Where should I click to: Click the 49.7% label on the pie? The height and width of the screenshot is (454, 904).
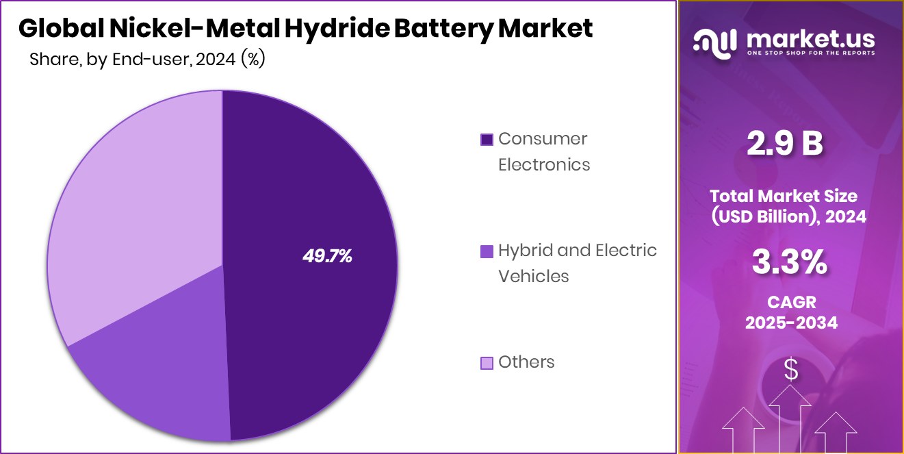pyautogui.click(x=327, y=256)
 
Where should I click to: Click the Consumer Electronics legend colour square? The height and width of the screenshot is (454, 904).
pyautogui.click(x=487, y=140)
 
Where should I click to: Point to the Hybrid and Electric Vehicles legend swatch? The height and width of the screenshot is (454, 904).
pyautogui.click(x=487, y=251)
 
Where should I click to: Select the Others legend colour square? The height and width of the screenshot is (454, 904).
pyautogui.click(x=487, y=363)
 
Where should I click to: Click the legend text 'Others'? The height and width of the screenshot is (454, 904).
pyautogui.click(x=526, y=362)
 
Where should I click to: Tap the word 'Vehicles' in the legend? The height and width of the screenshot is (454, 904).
pyautogui.click(x=533, y=276)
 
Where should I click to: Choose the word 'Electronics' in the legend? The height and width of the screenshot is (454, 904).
pyautogui.click(x=543, y=164)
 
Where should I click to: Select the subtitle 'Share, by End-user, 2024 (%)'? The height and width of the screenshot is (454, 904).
pyautogui.click(x=147, y=60)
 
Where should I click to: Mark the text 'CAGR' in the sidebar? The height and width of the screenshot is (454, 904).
pyautogui.click(x=790, y=302)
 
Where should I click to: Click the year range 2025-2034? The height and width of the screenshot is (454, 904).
pyautogui.click(x=790, y=323)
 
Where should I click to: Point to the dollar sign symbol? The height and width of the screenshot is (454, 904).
pyautogui.click(x=790, y=370)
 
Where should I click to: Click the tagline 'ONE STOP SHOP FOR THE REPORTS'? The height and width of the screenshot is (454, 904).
pyautogui.click(x=810, y=53)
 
